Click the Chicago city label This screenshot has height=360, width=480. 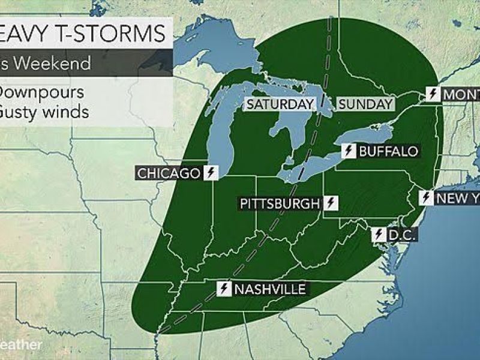point(169,173)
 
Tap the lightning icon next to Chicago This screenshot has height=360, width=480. point(210,173)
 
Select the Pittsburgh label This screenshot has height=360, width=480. point(280,203)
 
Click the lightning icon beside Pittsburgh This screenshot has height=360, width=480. point(331,203)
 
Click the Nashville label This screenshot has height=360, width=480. point(270,289)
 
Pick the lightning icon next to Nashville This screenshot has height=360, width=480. point(224,289)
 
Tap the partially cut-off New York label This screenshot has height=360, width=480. point(457,198)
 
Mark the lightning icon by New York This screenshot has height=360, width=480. point(427,198)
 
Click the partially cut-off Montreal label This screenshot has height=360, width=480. point(461,94)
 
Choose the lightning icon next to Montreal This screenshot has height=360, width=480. point(433,94)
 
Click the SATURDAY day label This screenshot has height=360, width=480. point(280,104)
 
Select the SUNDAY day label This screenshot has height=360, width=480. point(365,104)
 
